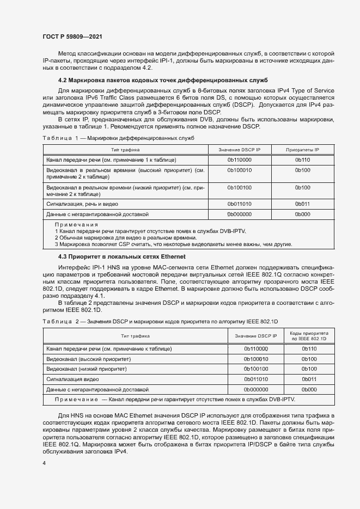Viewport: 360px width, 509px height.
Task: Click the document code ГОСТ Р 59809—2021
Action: coord(72,36)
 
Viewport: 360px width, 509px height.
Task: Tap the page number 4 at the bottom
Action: coord(44,463)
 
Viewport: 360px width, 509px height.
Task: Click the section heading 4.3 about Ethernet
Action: coord(121,256)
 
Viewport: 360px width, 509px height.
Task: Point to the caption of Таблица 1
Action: coord(118,138)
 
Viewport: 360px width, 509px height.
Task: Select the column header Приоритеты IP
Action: coord(302,149)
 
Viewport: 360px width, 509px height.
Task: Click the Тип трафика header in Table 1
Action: coord(125,149)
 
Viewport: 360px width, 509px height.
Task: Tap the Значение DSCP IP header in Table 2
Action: coord(256,336)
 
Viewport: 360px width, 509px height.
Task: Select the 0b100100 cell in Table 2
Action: coord(256,369)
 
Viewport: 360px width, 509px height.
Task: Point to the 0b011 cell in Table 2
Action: coord(309,379)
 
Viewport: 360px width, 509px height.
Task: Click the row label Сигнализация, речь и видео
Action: coord(82,204)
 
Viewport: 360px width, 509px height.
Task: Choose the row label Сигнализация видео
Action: coord(72,379)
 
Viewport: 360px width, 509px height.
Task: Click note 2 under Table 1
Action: coord(125,238)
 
